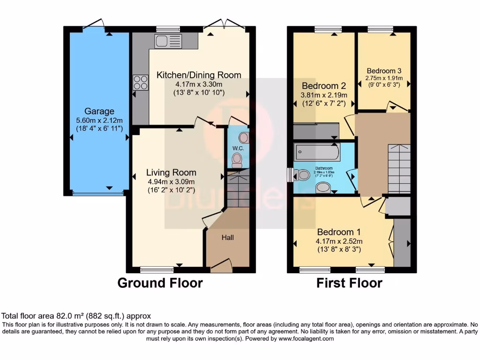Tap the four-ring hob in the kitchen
pos(140,82)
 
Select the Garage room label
pos(99,111)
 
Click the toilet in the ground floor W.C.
pos(237,160)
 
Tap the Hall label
pos(228,238)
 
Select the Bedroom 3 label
pos(384,71)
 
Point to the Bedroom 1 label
pos(339,232)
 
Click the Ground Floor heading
pos(160,283)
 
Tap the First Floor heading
pos(349,283)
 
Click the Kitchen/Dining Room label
pos(199,75)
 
